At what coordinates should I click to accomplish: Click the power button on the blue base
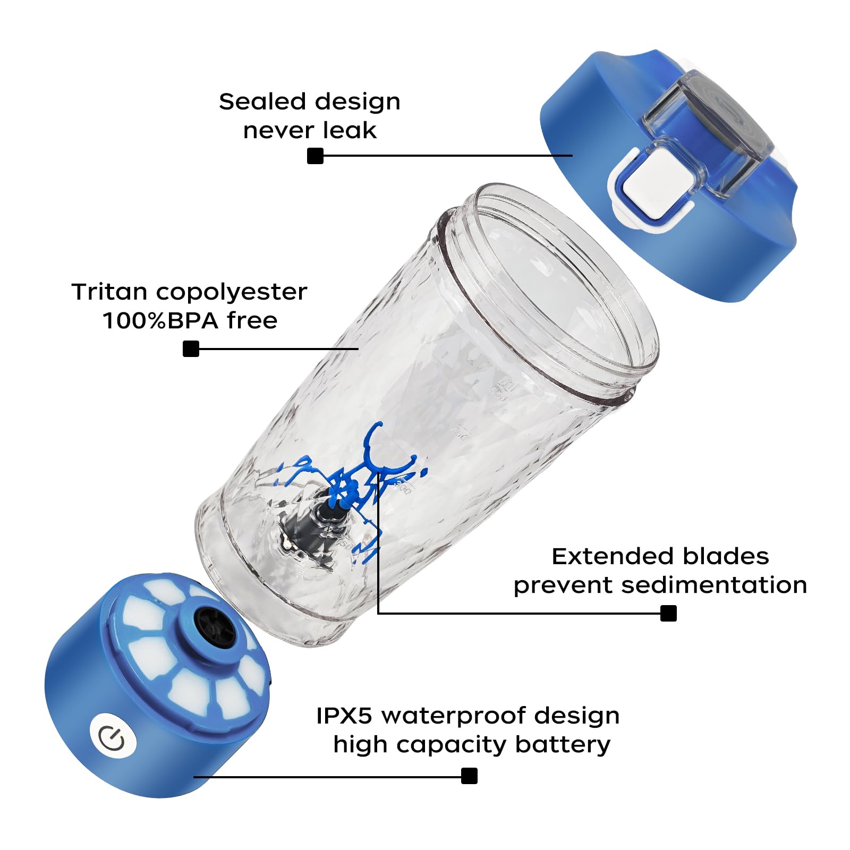(x=113, y=738)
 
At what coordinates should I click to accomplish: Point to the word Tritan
(x=109, y=292)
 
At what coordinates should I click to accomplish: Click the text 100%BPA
(x=160, y=321)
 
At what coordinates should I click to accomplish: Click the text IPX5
(x=345, y=716)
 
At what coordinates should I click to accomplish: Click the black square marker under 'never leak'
(x=316, y=156)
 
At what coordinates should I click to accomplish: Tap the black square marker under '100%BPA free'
(x=191, y=349)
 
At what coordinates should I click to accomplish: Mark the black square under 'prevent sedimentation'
(x=668, y=613)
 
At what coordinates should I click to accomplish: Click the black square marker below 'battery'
(x=469, y=776)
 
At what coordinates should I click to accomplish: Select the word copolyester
(x=232, y=292)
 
